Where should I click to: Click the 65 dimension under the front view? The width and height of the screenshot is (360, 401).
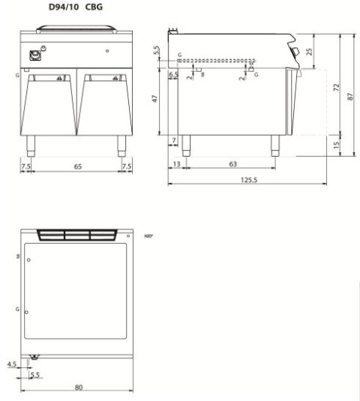[78, 166]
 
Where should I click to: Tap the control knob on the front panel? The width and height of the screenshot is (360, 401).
[34, 54]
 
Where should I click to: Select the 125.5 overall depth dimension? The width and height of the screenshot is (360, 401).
[249, 181]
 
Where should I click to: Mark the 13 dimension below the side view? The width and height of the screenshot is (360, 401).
[177, 163]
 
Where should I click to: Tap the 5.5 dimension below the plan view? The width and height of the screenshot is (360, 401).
[34, 375]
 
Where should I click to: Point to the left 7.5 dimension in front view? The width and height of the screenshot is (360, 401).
[25, 166]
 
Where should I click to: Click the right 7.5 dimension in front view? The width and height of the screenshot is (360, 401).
[127, 166]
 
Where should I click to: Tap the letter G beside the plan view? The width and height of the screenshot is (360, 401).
[16, 309]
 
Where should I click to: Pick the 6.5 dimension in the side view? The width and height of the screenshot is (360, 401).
[174, 75]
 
